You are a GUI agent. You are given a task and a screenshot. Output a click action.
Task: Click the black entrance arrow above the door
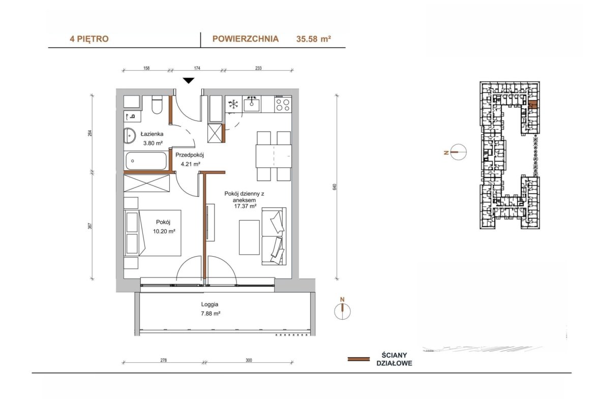(189, 80)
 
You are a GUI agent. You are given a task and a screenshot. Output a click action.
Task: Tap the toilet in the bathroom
(157, 105)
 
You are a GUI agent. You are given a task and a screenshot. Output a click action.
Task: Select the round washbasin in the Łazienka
(130, 136)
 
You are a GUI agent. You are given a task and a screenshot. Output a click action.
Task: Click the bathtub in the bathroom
(146, 161)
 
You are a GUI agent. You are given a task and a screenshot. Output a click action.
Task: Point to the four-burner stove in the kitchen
(283, 104)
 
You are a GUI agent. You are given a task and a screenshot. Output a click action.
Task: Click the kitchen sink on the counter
(252, 104)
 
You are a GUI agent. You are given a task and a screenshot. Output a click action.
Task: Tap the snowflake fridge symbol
(233, 104)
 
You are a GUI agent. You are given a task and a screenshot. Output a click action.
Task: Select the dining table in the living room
(273, 156)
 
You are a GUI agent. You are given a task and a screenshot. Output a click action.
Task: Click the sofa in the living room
(274, 236)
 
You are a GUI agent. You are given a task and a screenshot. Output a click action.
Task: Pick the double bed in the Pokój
(153, 233)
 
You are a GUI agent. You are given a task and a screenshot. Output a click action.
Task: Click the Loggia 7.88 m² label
(210, 309)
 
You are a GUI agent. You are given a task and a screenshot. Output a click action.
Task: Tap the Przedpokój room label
(190, 155)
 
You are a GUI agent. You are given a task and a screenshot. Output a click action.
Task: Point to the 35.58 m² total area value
(313, 39)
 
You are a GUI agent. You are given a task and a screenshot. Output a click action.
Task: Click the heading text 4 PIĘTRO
(89, 39)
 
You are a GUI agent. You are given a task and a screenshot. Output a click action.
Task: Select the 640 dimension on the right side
(335, 187)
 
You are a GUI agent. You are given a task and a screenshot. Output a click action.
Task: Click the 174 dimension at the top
(197, 68)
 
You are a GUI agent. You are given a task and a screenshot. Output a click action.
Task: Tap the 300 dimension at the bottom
(249, 360)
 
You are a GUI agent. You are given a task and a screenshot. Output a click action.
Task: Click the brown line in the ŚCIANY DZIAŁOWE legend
(359, 359)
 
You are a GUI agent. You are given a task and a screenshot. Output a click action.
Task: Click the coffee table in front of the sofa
(249, 237)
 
